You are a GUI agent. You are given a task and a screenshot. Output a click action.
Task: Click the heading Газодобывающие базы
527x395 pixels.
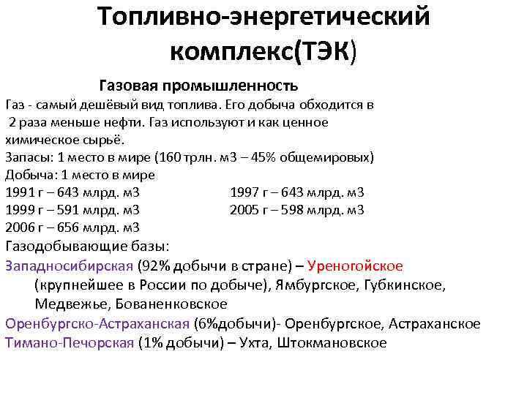pyautogui.click(x=87, y=247)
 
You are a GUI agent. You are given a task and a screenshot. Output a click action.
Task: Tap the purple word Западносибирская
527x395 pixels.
pyautogui.click(x=69, y=266)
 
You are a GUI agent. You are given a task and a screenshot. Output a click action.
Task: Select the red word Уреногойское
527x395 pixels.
pyautogui.click(x=356, y=266)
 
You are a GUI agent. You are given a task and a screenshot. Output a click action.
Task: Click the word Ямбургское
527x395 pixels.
pyautogui.click(x=310, y=285)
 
